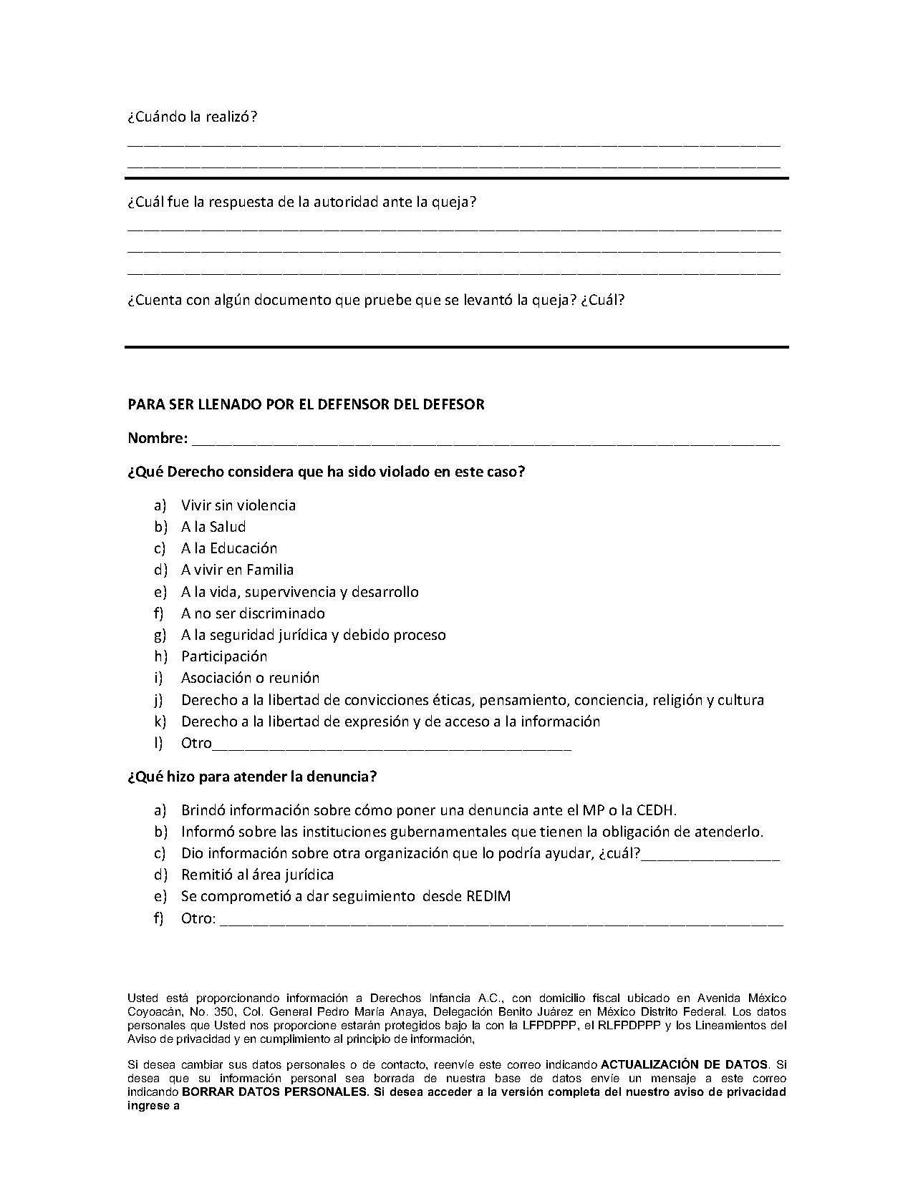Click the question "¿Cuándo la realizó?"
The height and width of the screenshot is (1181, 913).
(192, 117)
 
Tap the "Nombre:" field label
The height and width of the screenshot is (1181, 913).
(158, 438)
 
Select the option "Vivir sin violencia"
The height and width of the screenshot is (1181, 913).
(238, 505)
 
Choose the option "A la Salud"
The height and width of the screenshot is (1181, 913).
(213, 527)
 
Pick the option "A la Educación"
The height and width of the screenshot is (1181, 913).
(228, 548)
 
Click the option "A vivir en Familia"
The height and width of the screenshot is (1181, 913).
(237, 570)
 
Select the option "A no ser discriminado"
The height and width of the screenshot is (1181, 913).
(253, 613)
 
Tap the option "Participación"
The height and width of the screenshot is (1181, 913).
(223, 656)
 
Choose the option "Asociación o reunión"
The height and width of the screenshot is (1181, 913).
(250, 678)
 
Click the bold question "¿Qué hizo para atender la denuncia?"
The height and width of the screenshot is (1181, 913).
(252, 777)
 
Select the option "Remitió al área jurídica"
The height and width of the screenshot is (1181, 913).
(257, 875)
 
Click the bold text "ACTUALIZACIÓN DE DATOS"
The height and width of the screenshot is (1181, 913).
(684, 1064)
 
